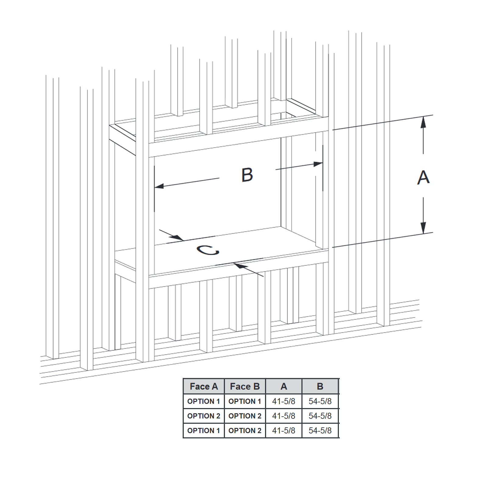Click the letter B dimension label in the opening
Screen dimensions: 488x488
click(x=247, y=175)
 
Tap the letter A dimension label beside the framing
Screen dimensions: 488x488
click(x=423, y=177)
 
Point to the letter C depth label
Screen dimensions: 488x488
click(x=208, y=250)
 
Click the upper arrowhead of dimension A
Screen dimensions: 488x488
click(x=423, y=122)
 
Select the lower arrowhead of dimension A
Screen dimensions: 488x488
click(x=423, y=228)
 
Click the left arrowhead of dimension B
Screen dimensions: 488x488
click(x=159, y=186)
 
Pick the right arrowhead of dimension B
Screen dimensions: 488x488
click(x=318, y=164)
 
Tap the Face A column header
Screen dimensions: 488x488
click(x=204, y=386)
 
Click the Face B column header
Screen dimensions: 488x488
click(x=245, y=386)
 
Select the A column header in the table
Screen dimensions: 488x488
click(x=284, y=386)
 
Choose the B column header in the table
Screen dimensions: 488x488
click(x=320, y=386)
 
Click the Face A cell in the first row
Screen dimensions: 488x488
click(x=203, y=401)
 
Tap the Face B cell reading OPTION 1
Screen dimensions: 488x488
click(x=245, y=401)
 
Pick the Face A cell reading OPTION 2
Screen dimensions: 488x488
click(x=203, y=416)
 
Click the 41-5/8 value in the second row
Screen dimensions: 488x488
click(x=284, y=416)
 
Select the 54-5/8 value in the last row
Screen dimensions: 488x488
click(x=320, y=431)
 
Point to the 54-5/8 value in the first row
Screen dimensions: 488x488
click(x=320, y=401)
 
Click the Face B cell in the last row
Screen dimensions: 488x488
click(x=245, y=431)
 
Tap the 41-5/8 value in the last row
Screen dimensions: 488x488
click(x=284, y=431)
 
